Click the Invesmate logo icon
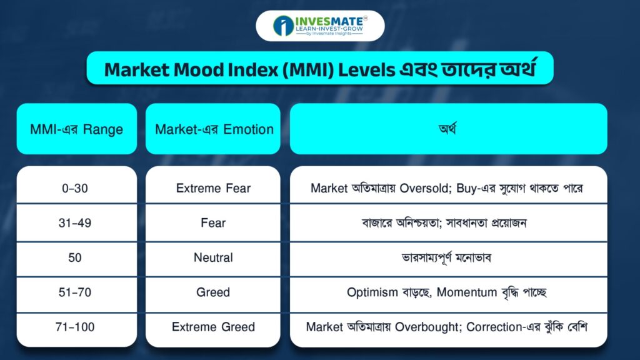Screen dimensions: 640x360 point(283,25)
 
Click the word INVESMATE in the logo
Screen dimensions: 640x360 point(329,21)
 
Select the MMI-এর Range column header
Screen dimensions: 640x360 point(77,129)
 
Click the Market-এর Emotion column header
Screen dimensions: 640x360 point(213,129)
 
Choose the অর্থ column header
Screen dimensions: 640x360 point(449,129)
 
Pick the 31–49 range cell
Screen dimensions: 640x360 point(77,223)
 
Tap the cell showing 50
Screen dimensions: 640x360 point(77,257)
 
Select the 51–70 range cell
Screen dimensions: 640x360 point(77,292)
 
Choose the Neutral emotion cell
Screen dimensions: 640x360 point(213,257)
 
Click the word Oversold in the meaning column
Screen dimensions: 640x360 point(425,188)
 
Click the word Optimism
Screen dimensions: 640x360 point(372,292)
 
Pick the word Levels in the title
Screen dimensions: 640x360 point(366,70)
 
